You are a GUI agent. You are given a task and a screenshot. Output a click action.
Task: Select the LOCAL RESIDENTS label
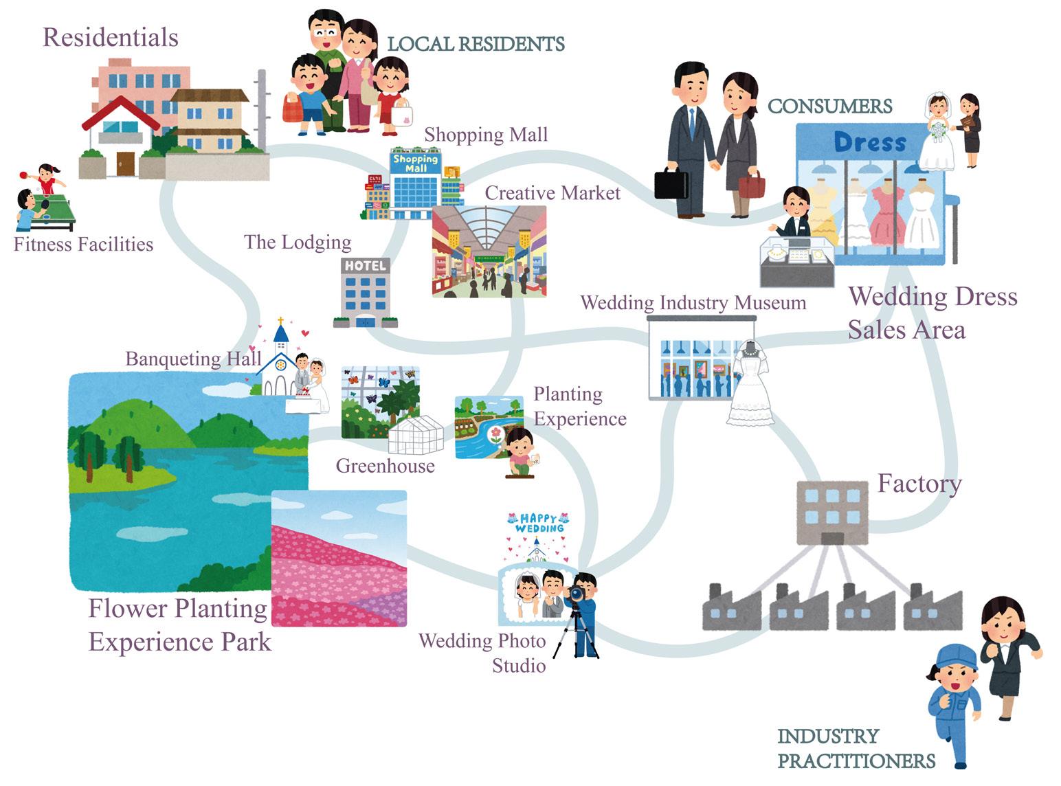476,44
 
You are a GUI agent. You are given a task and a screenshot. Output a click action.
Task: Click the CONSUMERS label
829,106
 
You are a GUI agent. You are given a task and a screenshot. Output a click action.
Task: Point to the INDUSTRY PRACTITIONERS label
856,749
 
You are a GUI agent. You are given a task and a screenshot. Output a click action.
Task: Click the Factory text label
919,484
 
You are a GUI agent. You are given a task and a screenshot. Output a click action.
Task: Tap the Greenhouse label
385,466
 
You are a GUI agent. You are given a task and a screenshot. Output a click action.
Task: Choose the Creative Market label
552,193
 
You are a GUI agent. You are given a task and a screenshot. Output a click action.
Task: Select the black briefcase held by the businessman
671,183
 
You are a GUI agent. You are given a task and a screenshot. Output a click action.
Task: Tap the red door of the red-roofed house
125,164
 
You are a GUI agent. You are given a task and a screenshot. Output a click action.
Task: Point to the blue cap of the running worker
955,655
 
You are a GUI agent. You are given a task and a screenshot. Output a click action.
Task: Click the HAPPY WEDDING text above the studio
539,524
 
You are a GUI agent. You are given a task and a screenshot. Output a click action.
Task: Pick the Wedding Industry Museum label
693,303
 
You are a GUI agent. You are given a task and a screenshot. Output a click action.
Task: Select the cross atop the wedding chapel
280,321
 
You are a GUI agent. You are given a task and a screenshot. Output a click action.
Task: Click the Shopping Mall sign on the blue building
415,164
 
